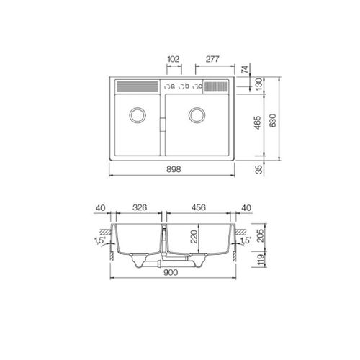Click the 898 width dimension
pyautogui.click(x=174, y=169)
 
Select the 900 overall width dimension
pyautogui.click(x=171, y=272)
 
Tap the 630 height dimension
pyautogui.click(x=273, y=121)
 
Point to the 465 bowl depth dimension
pyautogui.click(x=257, y=122)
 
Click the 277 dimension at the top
pyautogui.click(x=212, y=59)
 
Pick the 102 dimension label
pyautogui.click(x=174, y=59)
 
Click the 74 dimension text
pyautogui.click(x=245, y=70)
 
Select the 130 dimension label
pyautogui.click(x=259, y=84)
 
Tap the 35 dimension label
pyautogui.click(x=259, y=170)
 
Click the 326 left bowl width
pyautogui.click(x=140, y=207)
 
